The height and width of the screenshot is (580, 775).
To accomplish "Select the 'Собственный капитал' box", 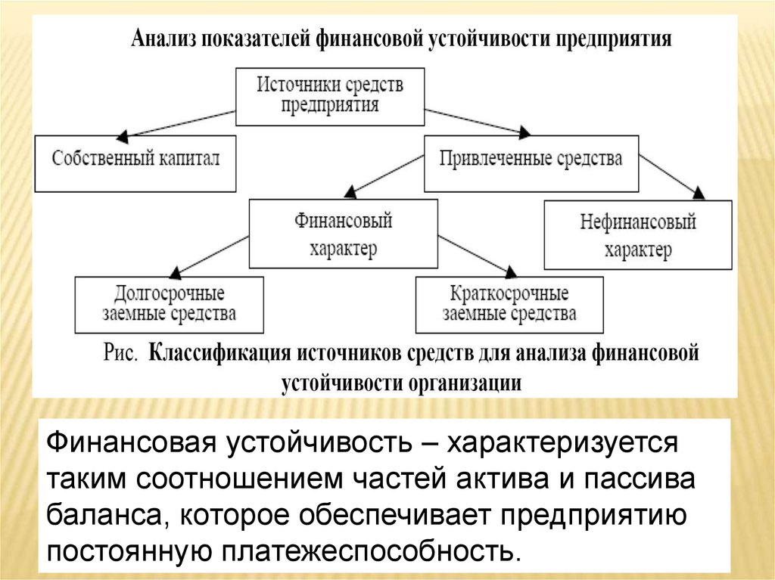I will click(135, 161).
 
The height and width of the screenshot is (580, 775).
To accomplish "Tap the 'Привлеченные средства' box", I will click(531, 161).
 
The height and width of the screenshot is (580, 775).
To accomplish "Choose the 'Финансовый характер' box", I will click(343, 234).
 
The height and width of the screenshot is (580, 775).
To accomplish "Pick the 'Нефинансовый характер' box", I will click(637, 234).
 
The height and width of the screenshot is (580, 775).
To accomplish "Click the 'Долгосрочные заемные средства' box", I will click(169, 304).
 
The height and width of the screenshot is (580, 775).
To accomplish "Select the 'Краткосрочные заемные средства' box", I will click(509, 304).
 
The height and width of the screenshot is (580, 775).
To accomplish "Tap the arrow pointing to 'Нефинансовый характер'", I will click(670, 176).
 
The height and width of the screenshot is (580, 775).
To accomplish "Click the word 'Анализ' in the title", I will click(163, 39).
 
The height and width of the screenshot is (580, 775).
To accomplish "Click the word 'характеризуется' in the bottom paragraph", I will click(559, 442).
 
